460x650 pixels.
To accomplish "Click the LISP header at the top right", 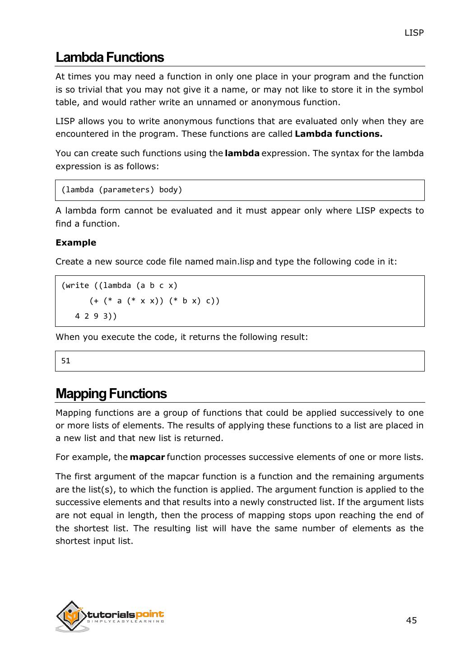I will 414,33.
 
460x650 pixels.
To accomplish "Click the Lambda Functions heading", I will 110,58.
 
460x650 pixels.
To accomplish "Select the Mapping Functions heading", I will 111,394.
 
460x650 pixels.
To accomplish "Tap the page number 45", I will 411,620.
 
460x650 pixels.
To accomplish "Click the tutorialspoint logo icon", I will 70,616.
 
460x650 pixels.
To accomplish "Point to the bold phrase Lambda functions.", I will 339,134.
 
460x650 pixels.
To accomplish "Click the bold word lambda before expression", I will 242,153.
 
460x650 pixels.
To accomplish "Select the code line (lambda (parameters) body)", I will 122,190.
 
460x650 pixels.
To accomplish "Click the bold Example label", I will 76,243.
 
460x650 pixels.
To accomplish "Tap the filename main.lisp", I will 235,262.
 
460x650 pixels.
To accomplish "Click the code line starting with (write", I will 120,286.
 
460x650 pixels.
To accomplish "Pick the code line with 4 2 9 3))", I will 96,316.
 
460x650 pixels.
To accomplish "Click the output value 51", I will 66,361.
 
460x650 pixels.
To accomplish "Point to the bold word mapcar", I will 147,457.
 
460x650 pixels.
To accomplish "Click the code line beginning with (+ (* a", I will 154,301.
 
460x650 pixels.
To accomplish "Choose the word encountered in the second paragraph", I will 80,134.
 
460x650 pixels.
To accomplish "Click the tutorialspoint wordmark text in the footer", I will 125,615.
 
